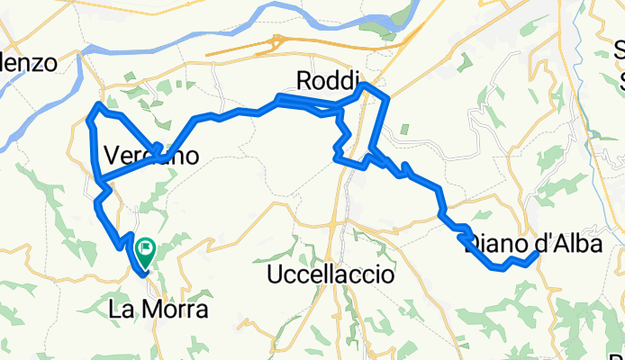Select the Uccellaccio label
click(331, 275)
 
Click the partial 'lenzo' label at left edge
click(29, 63)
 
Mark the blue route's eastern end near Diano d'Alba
click(538, 254)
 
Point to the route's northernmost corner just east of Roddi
click(364, 85)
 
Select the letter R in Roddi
click(303, 80)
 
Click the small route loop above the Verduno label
click(155, 149)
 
